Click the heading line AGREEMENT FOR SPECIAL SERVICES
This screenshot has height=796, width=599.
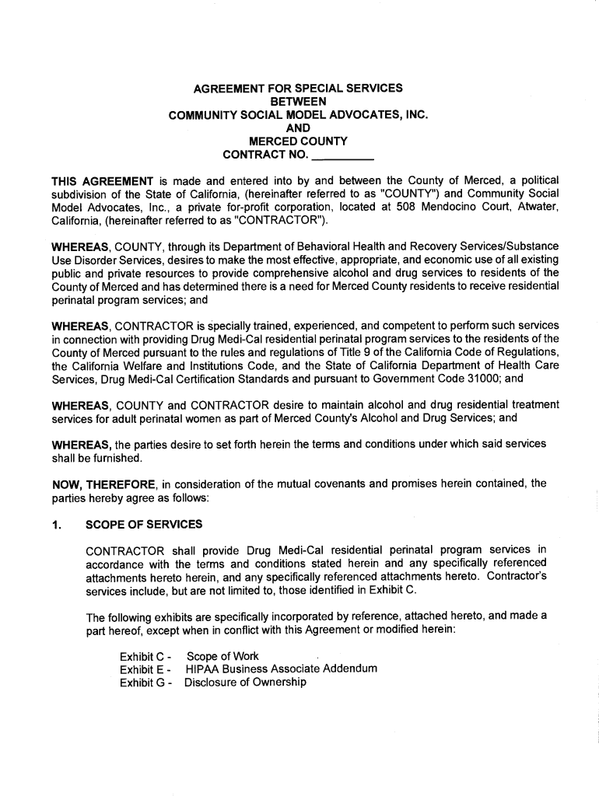point(298,89)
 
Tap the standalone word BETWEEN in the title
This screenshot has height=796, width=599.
point(298,102)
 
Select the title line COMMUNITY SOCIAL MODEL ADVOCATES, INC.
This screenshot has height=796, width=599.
point(298,115)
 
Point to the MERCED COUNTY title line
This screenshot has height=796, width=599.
point(298,141)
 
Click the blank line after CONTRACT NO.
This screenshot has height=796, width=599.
point(338,155)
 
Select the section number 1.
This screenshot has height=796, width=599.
point(56,524)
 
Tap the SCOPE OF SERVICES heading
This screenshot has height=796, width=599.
point(144,524)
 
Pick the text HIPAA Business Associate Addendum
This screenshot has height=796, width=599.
point(281,669)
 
